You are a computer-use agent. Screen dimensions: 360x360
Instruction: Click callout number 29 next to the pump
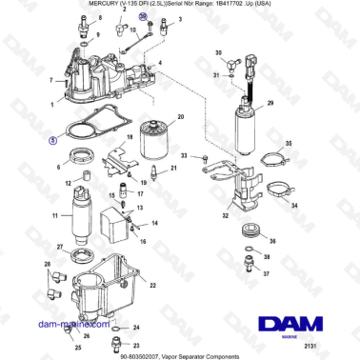[270, 102]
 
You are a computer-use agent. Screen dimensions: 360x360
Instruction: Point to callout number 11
[56, 216]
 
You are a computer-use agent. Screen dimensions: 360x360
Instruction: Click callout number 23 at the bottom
[136, 346]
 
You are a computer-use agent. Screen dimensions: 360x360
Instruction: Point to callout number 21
[173, 169]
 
